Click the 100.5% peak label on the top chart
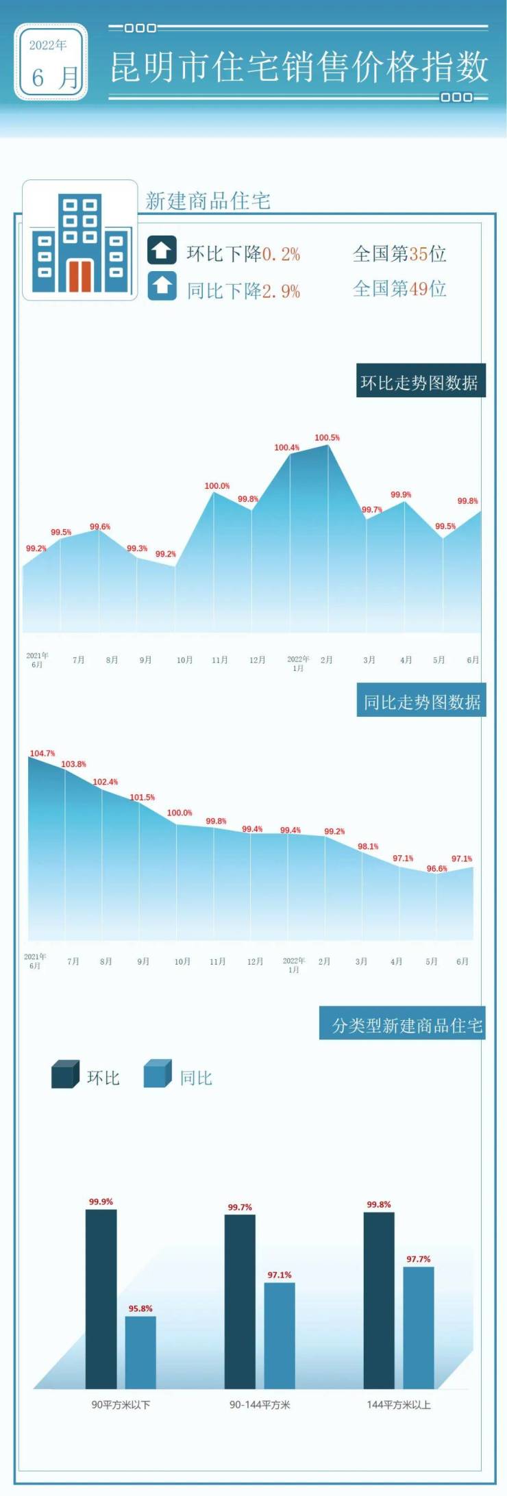pos(327,438)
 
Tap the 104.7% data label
pos(42,753)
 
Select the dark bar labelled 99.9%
pos(101,1298)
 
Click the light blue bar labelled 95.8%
pos(140,1352)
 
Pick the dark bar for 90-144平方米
pos(240,1301)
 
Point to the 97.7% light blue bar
pos(419,1327)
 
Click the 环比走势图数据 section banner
pos(420,381)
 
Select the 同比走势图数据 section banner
pos(421,701)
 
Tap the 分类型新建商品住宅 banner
pos(403,1024)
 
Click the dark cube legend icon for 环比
pos(65,1074)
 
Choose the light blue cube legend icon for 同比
pos(158,1074)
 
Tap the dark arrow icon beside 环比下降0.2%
pos(162,251)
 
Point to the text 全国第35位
pos(399,254)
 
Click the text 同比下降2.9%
pos(243,290)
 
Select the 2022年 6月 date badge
pos(51,62)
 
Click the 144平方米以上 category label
pos(398,1404)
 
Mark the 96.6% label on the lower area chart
pos(436,868)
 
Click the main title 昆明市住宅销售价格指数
pos(299,67)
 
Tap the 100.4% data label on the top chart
pos(286,448)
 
